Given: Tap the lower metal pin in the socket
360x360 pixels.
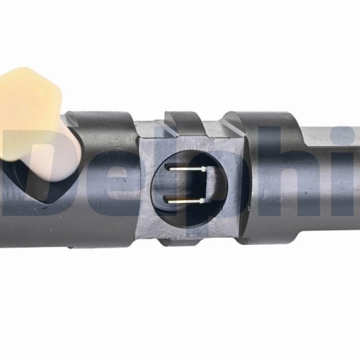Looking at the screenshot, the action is (x=184, y=201).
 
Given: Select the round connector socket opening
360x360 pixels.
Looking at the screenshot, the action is (x=189, y=186).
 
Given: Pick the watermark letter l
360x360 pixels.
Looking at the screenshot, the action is (x=174, y=171).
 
